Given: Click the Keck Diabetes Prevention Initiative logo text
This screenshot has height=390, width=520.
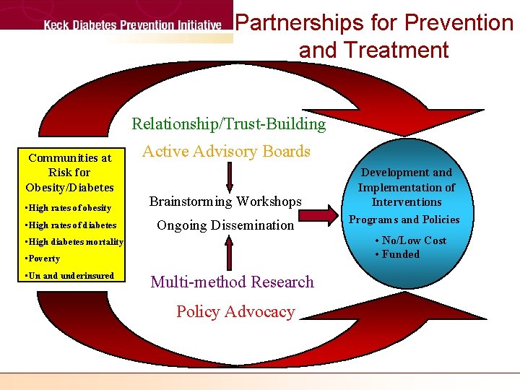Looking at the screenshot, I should (x=132, y=26).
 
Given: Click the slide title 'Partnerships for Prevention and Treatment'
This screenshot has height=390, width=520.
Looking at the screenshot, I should (x=374, y=36).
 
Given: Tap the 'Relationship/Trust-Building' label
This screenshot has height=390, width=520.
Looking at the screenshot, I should (x=229, y=124).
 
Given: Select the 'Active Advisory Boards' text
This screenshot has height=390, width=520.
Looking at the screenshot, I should (x=226, y=152).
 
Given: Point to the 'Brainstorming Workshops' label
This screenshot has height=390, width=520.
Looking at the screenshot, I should (x=225, y=201).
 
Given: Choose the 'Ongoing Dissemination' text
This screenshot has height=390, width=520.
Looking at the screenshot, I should (x=225, y=225).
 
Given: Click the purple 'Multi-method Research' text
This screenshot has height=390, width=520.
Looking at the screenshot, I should (x=232, y=282).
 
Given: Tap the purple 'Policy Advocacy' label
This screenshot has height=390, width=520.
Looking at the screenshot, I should (x=235, y=312).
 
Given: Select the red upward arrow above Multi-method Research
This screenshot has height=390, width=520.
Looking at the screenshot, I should (x=230, y=253).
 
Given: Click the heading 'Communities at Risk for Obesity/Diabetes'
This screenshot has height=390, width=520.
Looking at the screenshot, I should (x=69, y=173).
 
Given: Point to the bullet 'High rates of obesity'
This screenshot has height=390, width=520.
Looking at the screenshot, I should (x=68, y=208).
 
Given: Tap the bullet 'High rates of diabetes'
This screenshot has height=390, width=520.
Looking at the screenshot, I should (x=70, y=225).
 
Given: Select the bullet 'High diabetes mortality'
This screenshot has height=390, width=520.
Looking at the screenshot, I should (x=74, y=242).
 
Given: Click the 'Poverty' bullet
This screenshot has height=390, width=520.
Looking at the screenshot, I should (x=43, y=259).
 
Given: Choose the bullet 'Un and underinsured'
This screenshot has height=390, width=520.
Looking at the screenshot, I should (x=69, y=276).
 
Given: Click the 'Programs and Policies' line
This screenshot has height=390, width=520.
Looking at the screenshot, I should (x=404, y=220).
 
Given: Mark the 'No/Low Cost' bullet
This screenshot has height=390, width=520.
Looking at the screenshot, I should (x=410, y=240).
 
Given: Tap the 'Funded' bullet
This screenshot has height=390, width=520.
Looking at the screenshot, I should (x=397, y=253).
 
